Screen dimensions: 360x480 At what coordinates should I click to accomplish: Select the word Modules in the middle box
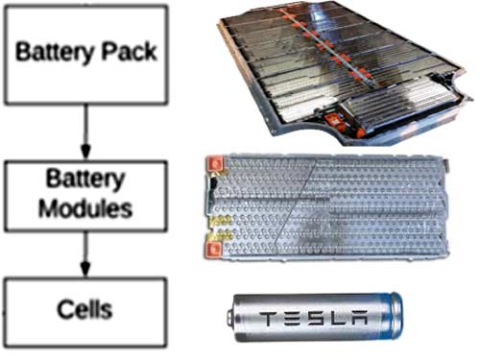tap(85, 207)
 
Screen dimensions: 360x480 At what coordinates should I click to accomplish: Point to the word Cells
tap(86, 309)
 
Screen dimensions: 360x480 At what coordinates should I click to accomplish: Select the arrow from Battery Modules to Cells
tap(86, 256)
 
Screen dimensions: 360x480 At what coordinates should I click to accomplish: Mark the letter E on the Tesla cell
tap(295, 316)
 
